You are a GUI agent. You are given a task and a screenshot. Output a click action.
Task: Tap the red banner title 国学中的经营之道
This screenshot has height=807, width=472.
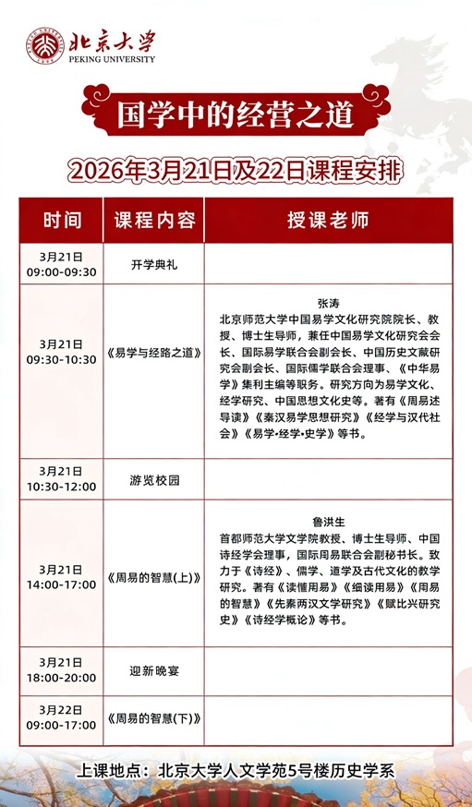pos(236,115)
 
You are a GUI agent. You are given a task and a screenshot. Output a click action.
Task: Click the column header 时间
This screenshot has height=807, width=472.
pos(62,221)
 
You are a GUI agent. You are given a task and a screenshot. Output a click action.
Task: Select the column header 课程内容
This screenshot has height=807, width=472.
pos(154,221)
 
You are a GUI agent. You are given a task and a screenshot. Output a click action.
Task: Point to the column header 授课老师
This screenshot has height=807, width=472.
pos(328,221)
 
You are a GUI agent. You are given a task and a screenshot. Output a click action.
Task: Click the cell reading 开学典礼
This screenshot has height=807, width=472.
pos(154,264)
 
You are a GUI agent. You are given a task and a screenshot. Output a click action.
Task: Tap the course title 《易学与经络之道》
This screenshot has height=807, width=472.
pos(154,351)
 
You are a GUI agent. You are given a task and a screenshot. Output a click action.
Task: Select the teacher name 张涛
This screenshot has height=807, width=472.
pos(328,302)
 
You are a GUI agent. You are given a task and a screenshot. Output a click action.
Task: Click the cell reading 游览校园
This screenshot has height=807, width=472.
pos(154,479)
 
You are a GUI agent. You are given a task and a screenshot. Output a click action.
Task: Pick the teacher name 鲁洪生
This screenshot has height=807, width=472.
pos(328,522)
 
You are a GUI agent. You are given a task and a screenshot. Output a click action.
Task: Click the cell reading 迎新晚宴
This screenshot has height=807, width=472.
pos(154,670)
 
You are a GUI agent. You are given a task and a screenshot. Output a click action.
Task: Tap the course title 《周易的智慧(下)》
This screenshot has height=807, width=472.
pos(154,717)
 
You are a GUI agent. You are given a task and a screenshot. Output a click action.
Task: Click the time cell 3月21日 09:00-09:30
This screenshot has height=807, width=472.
pos(62,264)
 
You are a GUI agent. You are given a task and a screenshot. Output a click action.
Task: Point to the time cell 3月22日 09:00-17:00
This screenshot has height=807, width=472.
pos(62,717)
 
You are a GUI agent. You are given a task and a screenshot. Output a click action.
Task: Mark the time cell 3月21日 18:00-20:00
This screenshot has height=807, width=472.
pos(62,670)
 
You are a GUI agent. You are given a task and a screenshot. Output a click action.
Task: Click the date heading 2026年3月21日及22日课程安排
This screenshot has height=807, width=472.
pos(236,171)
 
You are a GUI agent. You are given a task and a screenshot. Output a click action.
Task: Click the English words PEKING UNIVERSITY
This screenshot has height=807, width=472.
pos(111,59)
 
